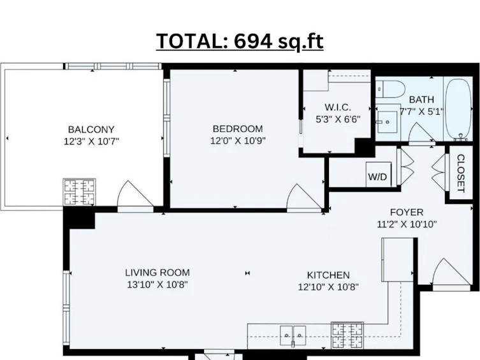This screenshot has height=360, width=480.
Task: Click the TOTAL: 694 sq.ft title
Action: tap(240, 41)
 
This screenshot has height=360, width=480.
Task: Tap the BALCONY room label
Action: tap(91, 129)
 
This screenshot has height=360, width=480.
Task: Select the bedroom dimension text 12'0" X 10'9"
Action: tap(238, 141)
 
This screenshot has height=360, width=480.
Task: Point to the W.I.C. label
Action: tap(338, 107)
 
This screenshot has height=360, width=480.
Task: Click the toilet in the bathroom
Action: tap(389, 89)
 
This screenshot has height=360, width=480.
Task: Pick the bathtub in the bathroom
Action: tap(458, 109)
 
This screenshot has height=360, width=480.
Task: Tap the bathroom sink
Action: tap(388, 122)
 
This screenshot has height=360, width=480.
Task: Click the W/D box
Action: tap(379, 175)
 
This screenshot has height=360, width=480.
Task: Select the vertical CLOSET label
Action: tap(461, 173)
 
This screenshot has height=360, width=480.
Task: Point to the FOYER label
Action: tap(407, 212)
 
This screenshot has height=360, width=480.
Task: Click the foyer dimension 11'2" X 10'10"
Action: tap(407, 224)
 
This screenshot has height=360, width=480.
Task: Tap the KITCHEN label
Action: tap(328, 275)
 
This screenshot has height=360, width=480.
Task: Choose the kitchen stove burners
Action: tap(347, 335)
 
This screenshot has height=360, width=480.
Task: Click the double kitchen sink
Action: tap(293, 336)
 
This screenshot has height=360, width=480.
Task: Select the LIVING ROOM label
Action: tap(157, 273)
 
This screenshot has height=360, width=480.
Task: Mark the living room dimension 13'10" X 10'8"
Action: tap(157, 285)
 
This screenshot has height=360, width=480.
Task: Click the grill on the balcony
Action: tap(79, 192)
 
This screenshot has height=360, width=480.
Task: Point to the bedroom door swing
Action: tap(305, 198)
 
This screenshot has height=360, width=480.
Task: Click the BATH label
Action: tap(421, 99)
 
